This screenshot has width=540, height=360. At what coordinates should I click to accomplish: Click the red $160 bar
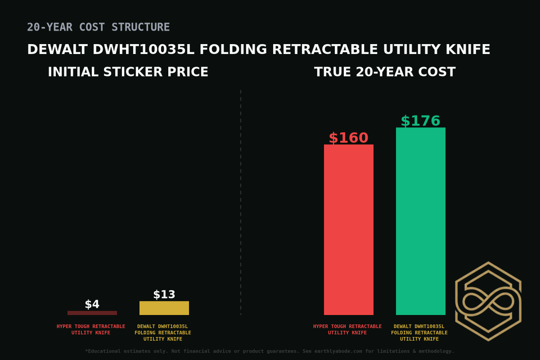[x=349, y=229]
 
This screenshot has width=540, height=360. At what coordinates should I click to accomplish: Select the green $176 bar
[x=421, y=221]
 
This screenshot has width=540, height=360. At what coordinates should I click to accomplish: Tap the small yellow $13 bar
[x=164, y=308]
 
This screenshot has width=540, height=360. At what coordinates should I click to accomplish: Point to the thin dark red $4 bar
[x=92, y=313]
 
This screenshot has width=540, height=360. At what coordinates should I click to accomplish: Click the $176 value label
[x=420, y=121]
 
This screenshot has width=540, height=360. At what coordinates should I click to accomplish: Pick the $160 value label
[x=348, y=138]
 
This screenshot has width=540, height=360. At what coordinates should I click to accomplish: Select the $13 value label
[x=164, y=295]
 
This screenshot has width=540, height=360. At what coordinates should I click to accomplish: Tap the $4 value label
[x=92, y=305]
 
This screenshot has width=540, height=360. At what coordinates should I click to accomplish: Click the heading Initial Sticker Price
[x=128, y=72]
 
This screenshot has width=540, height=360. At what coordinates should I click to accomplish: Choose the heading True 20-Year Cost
[x=385, y=72]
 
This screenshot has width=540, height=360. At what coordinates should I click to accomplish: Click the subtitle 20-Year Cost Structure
[x=99, y=27]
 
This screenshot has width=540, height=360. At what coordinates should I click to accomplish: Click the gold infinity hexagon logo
[x=488, y=301]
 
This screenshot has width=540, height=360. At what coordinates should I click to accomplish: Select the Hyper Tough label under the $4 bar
[x=91, y=329]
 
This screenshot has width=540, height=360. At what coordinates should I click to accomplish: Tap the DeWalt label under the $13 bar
[x=163, y=333]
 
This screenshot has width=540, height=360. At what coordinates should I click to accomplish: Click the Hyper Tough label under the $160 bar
[x=347, y=329]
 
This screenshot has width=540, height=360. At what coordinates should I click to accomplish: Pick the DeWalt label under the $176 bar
[x=419, y=333]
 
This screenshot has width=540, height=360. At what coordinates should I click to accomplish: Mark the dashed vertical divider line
[x=241, y=202]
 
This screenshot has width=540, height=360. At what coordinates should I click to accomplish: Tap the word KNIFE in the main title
[x=468, y=50]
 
